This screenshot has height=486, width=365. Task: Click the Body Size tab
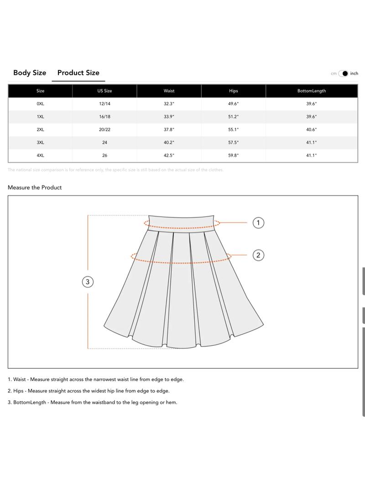[30, 72]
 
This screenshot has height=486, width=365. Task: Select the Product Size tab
[78, 72]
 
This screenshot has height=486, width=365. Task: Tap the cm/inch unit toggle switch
[344, 73]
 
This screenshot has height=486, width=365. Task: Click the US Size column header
[104, 91]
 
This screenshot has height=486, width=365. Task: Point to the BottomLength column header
[312, 91]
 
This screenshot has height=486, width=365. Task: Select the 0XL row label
[40, 104]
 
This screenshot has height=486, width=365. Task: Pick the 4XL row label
[40, 155]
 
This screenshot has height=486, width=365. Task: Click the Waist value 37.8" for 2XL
[169, 129]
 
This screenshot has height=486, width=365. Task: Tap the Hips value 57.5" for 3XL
[234, 143]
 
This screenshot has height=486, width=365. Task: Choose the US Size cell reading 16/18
[104, 117]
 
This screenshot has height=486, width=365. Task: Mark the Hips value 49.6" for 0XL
[234, 104]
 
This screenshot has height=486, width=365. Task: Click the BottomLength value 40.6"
[312, 129]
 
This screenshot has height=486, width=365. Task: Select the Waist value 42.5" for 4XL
[169, 155]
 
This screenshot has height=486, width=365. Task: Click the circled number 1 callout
[258, 222]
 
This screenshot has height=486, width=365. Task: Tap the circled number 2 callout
[258, 255]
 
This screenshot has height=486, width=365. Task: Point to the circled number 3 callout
[88, 282]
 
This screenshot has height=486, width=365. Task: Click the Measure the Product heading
[35, 187]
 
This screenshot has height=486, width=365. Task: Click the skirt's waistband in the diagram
[182, 222]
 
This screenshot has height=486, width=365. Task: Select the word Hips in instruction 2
[19, 391]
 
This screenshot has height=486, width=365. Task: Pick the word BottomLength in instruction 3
[30, 403]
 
